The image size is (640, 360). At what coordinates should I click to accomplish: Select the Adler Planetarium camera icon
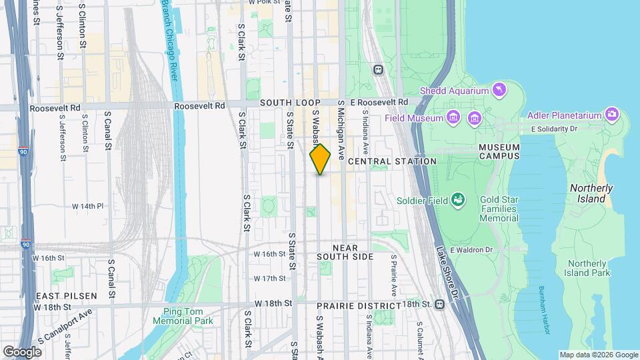pos(611,115)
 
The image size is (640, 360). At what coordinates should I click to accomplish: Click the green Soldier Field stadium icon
pos(457,199)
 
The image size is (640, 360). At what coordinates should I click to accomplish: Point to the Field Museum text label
pos(414,118)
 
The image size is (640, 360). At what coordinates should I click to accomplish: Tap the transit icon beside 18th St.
pos(439,304)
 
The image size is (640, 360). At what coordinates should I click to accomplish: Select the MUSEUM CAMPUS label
pos(499,151)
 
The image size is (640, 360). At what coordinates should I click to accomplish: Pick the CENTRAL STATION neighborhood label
pos(392,161)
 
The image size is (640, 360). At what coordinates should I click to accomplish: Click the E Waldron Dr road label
pos(471,250)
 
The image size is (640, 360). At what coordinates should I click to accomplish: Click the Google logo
pos(22,351)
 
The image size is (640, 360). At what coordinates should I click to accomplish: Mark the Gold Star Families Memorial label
pos(499,209)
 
